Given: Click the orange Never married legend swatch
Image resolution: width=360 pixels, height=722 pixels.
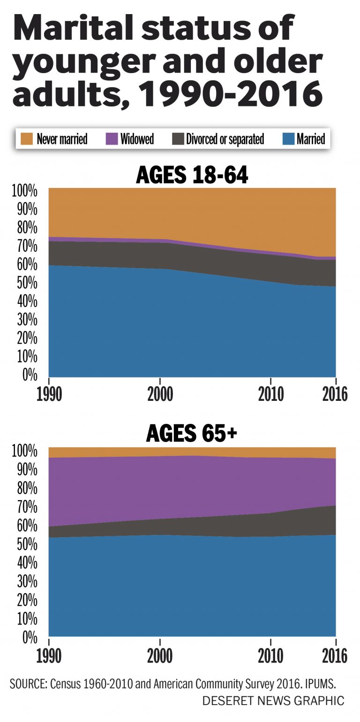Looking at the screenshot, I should [x=27, y=139].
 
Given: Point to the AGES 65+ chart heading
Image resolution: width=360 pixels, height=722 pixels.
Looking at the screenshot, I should [x=192, y=434].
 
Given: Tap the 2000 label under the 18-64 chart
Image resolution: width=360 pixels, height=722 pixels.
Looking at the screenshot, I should [x=160, y=394].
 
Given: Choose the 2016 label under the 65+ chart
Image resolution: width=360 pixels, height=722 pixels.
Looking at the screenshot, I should [x=335, y=656].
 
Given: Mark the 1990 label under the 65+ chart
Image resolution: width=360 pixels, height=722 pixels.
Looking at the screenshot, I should [x=49, y=656].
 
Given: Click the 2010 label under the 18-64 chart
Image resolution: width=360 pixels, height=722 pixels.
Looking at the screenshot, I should [x=271, y=394].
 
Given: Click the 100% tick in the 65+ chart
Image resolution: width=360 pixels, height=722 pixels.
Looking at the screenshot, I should [x=23, y=451].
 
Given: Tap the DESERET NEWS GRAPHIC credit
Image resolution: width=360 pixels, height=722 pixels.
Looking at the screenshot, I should [x=273, y=701].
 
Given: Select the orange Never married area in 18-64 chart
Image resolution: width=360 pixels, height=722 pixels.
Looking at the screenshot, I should [x=187, y=211].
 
